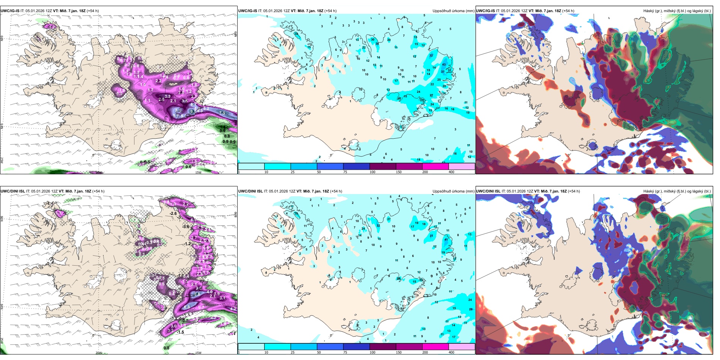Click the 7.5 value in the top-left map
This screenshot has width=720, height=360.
[x=222, y=113]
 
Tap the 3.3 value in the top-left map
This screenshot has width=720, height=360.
[x=167, y=96]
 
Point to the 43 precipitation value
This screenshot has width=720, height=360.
[x=444, y=64]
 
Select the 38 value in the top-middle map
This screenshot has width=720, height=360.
[x=377, y=44]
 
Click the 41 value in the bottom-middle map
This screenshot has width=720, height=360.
[x=446, y=239]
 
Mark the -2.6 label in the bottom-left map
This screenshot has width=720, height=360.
[x=173, y=213]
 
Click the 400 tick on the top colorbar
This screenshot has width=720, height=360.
[x=451, y=172]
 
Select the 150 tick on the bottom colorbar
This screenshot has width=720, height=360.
[x=399, y=352]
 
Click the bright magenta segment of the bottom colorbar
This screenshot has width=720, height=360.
[x=435, y=347]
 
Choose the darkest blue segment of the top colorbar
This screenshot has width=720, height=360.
[x=356, y=166]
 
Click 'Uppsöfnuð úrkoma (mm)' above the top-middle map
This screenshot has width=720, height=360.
[x=453, y=11]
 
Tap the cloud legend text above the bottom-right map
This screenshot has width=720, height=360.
[x=677, y=191]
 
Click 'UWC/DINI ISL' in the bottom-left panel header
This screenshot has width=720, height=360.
[x=13, y=191]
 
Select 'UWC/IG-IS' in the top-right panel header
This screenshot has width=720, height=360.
[x=485, y=11]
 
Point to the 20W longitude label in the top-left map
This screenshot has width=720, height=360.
[x=99, y=172]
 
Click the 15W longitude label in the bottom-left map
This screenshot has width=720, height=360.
[x=198, y=353]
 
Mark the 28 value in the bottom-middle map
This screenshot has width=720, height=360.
[x=471, y=309]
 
